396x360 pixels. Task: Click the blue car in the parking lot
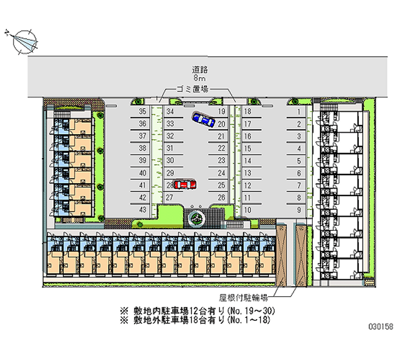click(x=203, y=119)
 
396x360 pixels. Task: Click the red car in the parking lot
click(x=185, y=184)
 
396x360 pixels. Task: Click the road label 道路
click(x=199, y=70)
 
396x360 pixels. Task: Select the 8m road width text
click(x=199, y=78)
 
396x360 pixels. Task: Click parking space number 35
click(x=143, y=112)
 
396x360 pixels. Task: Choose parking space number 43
click(x=143, y=210)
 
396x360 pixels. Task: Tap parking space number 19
click(x=221, y=112)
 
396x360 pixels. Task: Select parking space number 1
click(x=299, y=112)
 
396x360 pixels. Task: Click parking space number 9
click(x=299, y=210)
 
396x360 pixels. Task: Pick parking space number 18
click(x=248, y=112)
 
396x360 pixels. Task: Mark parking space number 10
click(x=248, y=210)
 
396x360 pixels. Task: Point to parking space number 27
click(x=169, y=197)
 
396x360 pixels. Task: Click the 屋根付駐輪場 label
click(x=244, y=298)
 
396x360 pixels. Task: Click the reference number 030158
click(x=380, y=327)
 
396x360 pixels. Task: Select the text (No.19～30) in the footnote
click(x=250, y=311)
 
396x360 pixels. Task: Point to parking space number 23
click(x=221, y=160)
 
